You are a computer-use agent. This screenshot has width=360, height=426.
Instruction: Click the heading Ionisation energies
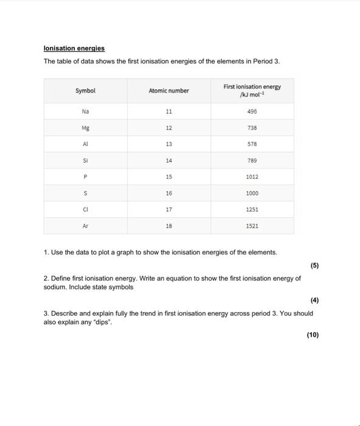point(74,48)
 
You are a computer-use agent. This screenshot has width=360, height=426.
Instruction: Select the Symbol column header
point(85,91)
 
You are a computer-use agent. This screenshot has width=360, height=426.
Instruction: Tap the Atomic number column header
point(168,91)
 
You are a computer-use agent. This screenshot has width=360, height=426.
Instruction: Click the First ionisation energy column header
point(252,91)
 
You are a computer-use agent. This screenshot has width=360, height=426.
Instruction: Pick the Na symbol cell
point(85,112)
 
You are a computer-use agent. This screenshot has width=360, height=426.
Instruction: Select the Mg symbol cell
point(85,128)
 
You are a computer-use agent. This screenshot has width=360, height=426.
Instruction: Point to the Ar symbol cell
point(85,225)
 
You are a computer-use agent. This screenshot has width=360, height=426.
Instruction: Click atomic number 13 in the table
point(168,144)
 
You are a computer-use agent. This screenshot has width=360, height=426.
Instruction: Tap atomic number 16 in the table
point(168,193)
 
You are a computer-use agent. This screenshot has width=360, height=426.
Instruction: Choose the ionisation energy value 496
point(252,112)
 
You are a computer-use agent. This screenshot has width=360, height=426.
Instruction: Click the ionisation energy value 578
point(252,144)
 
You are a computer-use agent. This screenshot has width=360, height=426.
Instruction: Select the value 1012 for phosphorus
point(252,176)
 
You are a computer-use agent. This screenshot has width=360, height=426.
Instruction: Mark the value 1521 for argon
point(252,225)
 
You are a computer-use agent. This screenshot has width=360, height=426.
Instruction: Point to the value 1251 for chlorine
point(252,209)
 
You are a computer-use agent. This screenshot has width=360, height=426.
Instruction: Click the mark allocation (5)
point(313,265)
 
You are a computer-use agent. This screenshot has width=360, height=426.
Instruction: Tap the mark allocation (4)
point(313,300)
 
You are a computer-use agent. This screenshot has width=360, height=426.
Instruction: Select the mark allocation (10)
point(312,335)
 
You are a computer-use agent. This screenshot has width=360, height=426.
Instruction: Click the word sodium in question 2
point(55,287)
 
